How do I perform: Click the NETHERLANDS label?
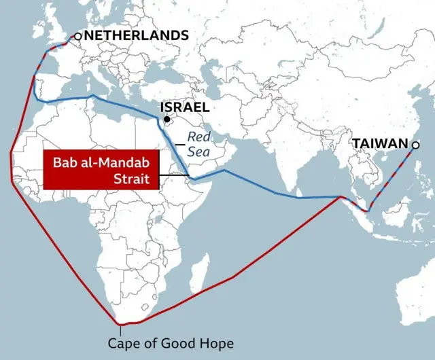coord(136,35)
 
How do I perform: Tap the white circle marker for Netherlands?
coord(77,35)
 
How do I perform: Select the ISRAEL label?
coord(184,107)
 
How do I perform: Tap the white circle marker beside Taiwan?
coord(415,144)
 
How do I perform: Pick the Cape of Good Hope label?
coord(171,342)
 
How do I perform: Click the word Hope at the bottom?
coord(217,342)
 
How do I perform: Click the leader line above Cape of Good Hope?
coord(120,329)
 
